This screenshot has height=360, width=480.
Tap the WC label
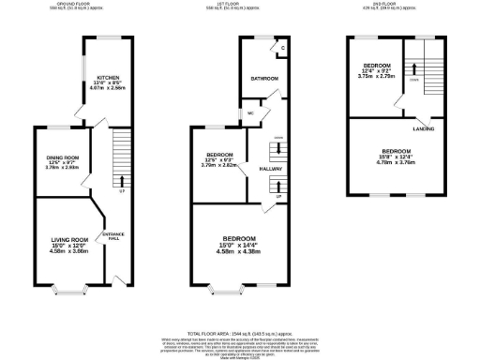pyautogui.click(x=251, y=115)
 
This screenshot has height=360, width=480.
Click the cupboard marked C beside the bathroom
pyautogui.click(x=281, y=48)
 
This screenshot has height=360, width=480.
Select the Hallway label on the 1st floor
pyautogui.click(x=271, y=169)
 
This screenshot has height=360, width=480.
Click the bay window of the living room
pyautogui.click(x=70, y=287)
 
